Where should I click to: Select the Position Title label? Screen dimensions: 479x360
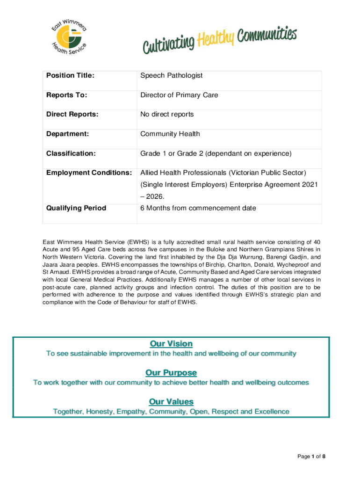pos(70,75)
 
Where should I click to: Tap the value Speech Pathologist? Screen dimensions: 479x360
pos(172,75)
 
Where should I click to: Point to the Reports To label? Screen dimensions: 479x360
pos(67,95)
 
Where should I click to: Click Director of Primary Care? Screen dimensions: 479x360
pos(179,95)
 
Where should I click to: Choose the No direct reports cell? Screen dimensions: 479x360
pos(167,114)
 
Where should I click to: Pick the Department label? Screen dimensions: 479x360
pos(68,134)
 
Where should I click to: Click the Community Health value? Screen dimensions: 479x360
pos(170,134)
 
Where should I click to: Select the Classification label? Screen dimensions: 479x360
pos(71,153)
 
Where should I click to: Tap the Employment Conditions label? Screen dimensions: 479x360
pos(89,173)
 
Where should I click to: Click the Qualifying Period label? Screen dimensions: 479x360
pos(76,208)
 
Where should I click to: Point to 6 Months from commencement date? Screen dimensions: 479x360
pos(198,208)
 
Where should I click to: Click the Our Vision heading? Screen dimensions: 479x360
pos(171,344)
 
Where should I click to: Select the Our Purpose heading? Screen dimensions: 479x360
pos(171,373)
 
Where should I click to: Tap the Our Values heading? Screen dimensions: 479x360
pos(171,402)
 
